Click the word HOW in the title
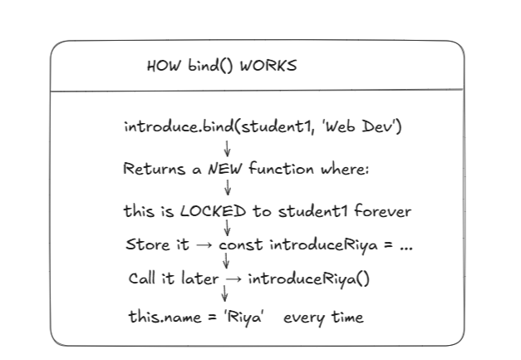(x=164, y=66)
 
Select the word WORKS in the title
(x=268, y=66)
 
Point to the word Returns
(x=154, y=169)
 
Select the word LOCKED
(x=213, y=211)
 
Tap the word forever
(x=382, y=211)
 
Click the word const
(x=241, y=245)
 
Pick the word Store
(x=148, y=244)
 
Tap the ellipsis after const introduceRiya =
(x=406, y=248)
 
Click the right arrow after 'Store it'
(x=204, y=245)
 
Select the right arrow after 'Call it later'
(x=234, y=279)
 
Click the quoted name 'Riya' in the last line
(x=244, y=317)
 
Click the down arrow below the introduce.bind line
(x=228, y=149)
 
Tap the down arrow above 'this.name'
(x=225, y=293)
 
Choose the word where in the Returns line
(x=345, y=169)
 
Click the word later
(x=200, y=279)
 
